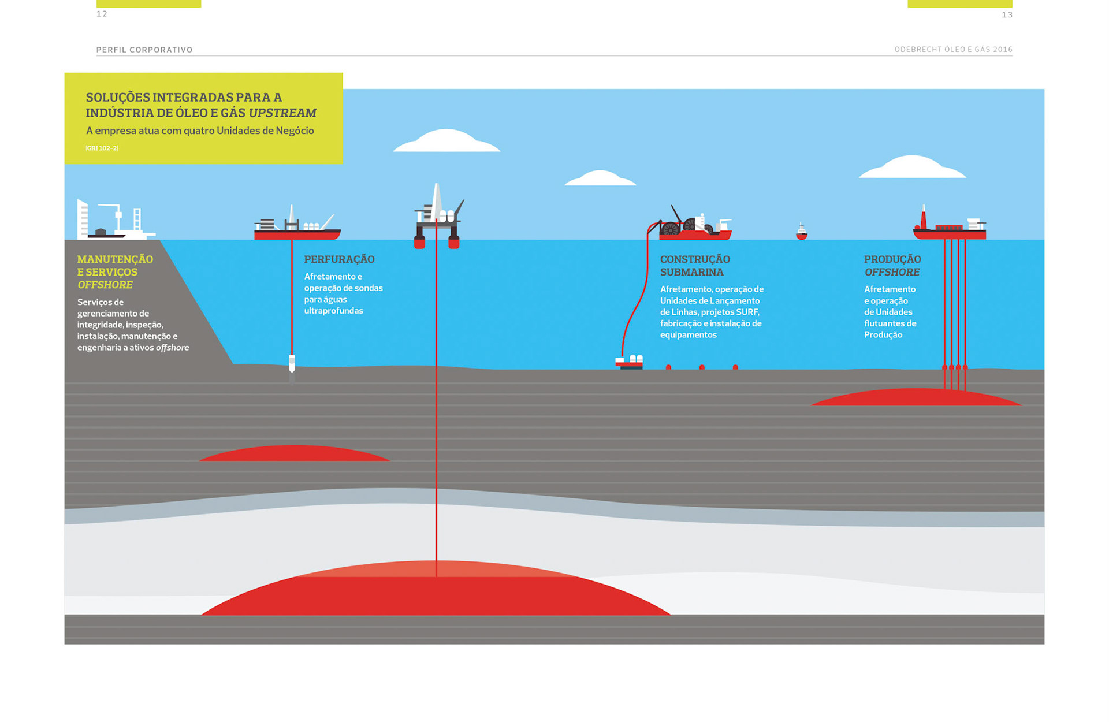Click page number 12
coord(102,14)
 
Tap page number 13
coord(1007,15)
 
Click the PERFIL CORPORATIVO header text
coord(144,50)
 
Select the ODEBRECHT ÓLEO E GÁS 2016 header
coord(953,50)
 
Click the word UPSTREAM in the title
coord(282,113)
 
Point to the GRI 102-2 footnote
coord(102,148)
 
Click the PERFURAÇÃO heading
coord(339,259)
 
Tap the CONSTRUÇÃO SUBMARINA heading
coord(695,266)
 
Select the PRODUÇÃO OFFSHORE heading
coord(892,266)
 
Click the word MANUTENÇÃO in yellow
coord(115,259)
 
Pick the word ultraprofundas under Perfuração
coord(333,311)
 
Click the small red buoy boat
coord(801,232)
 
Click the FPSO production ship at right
coord(949,227)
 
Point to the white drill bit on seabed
coord(292,364)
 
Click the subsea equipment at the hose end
coord(629,362)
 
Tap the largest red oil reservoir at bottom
coord(436,592)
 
